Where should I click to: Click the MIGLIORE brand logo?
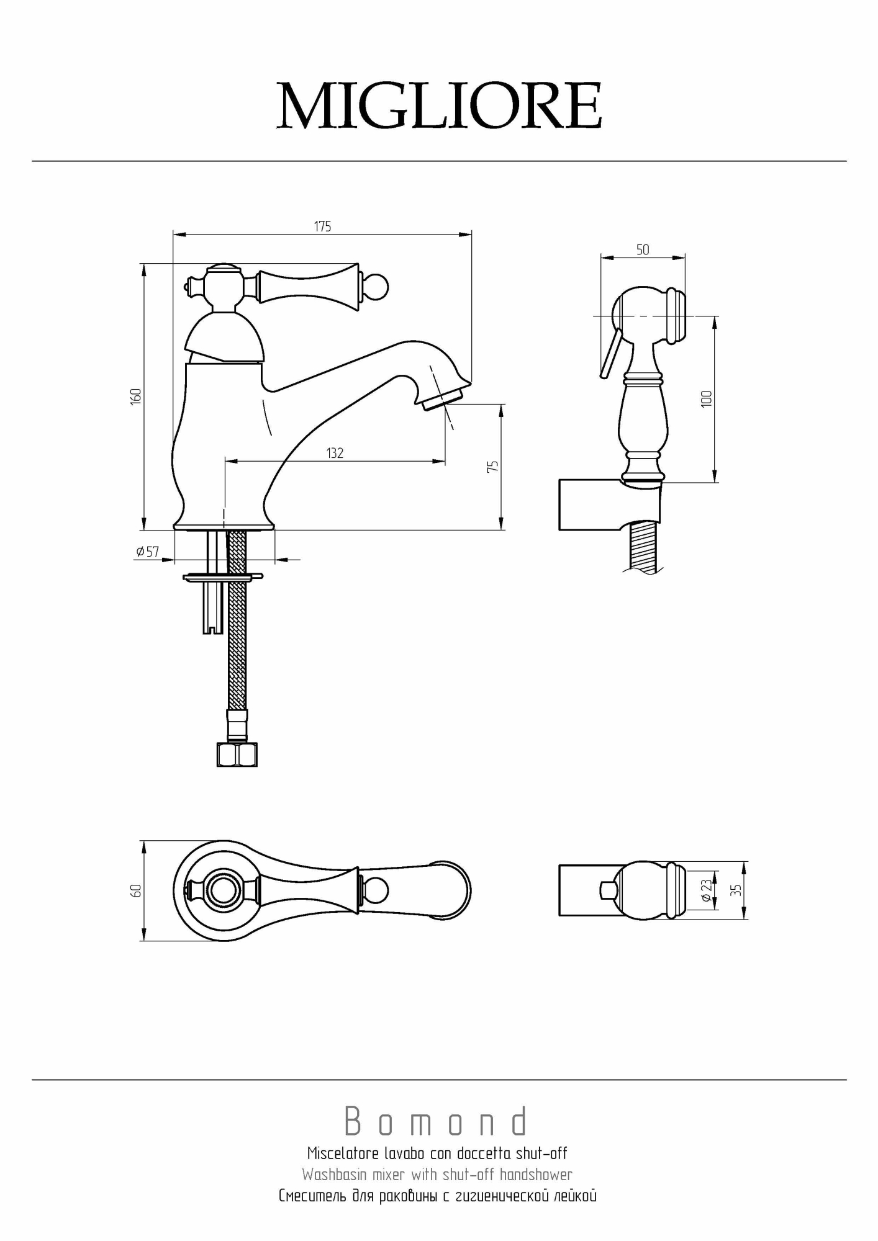tap(439, 106)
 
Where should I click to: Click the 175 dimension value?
tap(322, 226)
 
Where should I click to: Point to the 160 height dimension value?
tap(136, 396)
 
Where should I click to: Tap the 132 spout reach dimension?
tap(335, 454)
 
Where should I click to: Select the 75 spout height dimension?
tap(493, 467)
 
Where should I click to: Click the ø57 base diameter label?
tap(148, 552)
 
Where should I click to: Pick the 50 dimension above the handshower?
tap(643, 249)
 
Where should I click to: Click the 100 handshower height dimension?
tap(706, 398)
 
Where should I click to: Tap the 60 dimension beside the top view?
tap(137, 890)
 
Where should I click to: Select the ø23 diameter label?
tap(707, 890)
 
